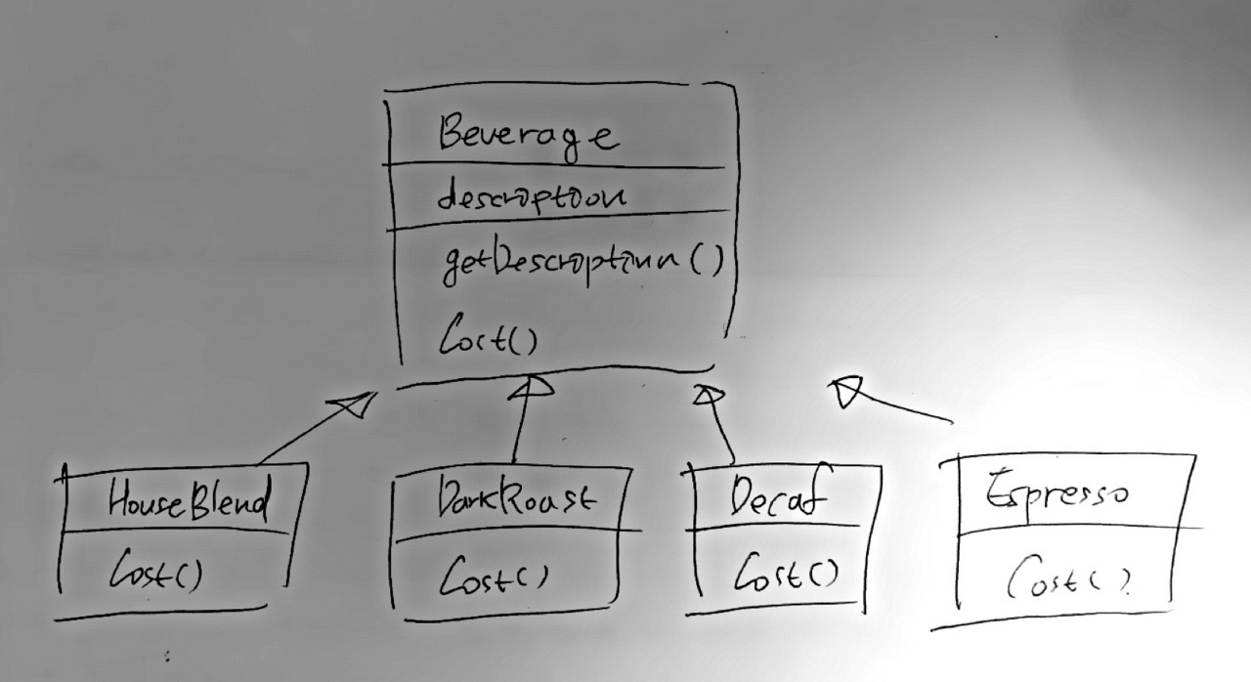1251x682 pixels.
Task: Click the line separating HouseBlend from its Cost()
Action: (176, 533)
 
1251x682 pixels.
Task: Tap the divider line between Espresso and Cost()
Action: (1075, 532)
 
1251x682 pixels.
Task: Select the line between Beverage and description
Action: (557, 168)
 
